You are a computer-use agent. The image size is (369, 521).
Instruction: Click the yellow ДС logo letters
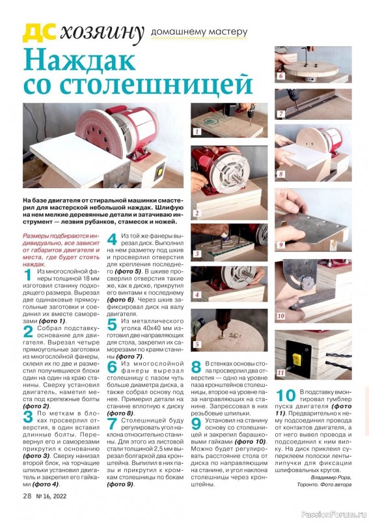38,33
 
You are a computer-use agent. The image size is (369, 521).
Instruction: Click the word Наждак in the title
79,60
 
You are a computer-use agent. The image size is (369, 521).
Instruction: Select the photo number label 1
197,132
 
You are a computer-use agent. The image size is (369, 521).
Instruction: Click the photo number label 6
281,76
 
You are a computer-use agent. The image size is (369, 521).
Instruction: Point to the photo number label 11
281,373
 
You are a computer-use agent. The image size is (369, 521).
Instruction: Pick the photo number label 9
281,245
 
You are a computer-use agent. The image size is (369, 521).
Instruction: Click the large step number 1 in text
28,275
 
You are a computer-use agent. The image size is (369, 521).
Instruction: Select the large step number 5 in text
112,324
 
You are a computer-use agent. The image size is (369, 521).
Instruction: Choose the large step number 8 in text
196,367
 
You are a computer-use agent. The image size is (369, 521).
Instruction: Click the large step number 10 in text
286,395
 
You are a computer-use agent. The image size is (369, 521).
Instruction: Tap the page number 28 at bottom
27,496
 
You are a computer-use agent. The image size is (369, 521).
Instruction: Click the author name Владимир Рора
331,477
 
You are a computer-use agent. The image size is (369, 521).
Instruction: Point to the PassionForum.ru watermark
335,514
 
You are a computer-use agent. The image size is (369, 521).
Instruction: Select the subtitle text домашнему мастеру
199,32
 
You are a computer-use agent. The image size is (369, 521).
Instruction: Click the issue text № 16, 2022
51,496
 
